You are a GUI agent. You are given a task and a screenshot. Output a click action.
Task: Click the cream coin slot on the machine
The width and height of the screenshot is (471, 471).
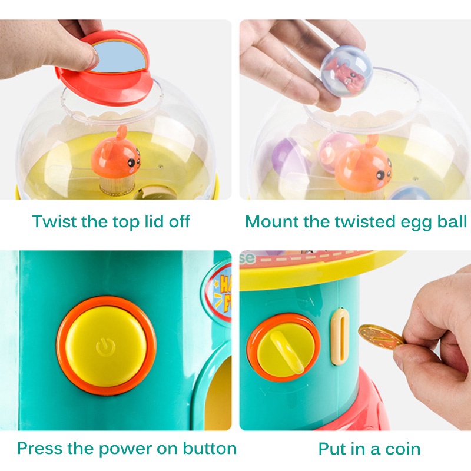click(x=340, y=336)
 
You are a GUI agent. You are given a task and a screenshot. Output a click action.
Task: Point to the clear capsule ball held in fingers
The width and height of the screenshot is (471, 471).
click(x=346, y=71)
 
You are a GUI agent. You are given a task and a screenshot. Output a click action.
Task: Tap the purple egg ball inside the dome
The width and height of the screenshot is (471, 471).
click(x=286, y=157)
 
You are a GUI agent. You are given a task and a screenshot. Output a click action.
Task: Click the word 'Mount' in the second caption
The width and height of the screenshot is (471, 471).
click(x=272, y=221)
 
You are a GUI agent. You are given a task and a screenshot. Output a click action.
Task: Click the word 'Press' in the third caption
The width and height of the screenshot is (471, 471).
click(x=39, y=448)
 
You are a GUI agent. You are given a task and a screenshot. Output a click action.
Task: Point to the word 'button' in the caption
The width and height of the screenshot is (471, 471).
click(x=210, y=448)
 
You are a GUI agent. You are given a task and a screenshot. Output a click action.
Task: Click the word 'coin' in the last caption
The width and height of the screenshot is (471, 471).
click(x=403, y=449)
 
